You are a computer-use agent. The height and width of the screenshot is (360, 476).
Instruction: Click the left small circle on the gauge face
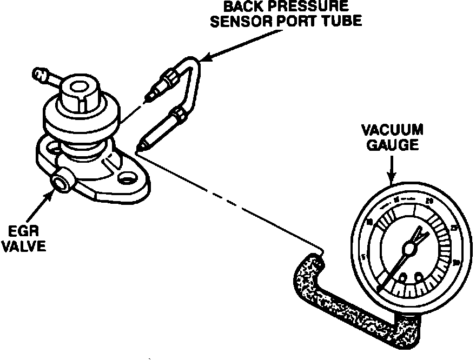point(402,277)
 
